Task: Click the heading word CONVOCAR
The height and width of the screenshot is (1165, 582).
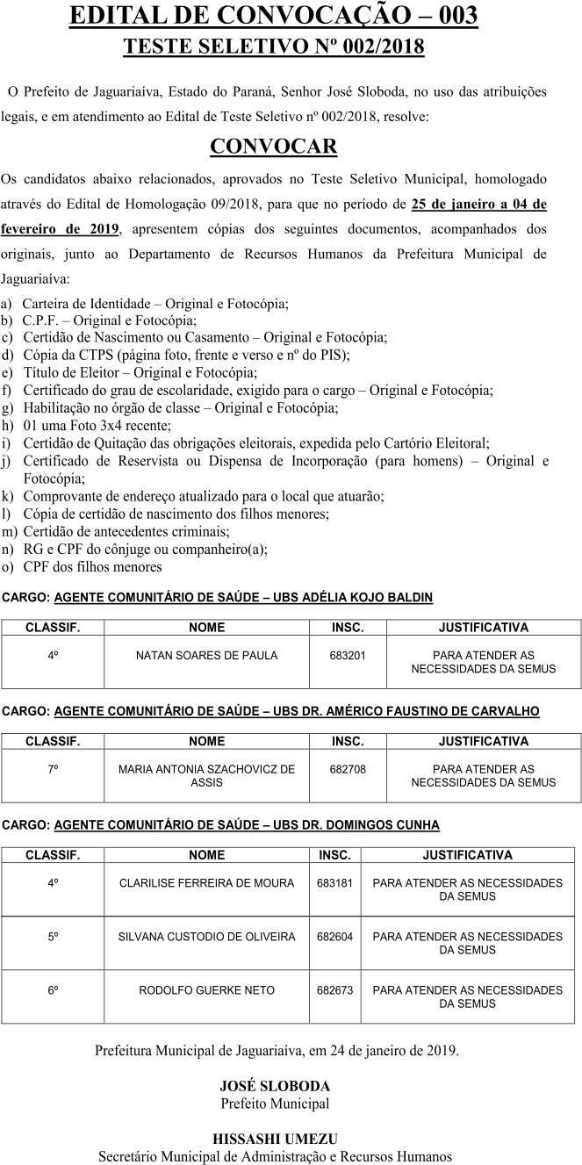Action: tap(274, 145)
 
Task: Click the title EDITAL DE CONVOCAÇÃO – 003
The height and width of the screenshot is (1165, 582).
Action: tap(274, 16)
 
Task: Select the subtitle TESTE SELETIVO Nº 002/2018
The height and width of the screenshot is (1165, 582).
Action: tap(274, 47)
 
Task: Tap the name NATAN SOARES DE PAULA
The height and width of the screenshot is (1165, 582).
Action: tap(207, 656)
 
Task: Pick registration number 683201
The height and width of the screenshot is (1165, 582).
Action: tap(348, 656)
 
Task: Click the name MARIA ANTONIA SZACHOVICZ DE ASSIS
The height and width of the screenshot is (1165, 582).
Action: tap(207, 775)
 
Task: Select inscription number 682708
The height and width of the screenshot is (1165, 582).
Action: tap(348, 769)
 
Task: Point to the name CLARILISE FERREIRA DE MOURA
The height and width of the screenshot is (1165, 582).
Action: tap(207, 883)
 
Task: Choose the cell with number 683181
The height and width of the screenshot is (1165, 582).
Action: tap(335, 883)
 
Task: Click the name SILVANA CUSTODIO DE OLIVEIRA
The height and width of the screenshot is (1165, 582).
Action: tap(207, 937)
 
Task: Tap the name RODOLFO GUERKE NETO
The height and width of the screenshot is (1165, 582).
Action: tap(207, 990)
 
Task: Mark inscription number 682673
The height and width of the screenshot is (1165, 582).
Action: tap(335, 990)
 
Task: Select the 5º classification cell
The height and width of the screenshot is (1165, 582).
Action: tap(53, 937)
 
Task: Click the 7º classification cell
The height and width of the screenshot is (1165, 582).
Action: tap(53, 769)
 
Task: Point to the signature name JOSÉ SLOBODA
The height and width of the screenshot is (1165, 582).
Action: tap(274, 1086)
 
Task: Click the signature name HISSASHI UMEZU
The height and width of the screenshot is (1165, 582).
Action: tap(274, 1139)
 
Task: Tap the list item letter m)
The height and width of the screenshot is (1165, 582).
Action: tap(10, 531)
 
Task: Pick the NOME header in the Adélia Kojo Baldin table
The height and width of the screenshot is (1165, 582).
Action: tap(207, 628)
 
